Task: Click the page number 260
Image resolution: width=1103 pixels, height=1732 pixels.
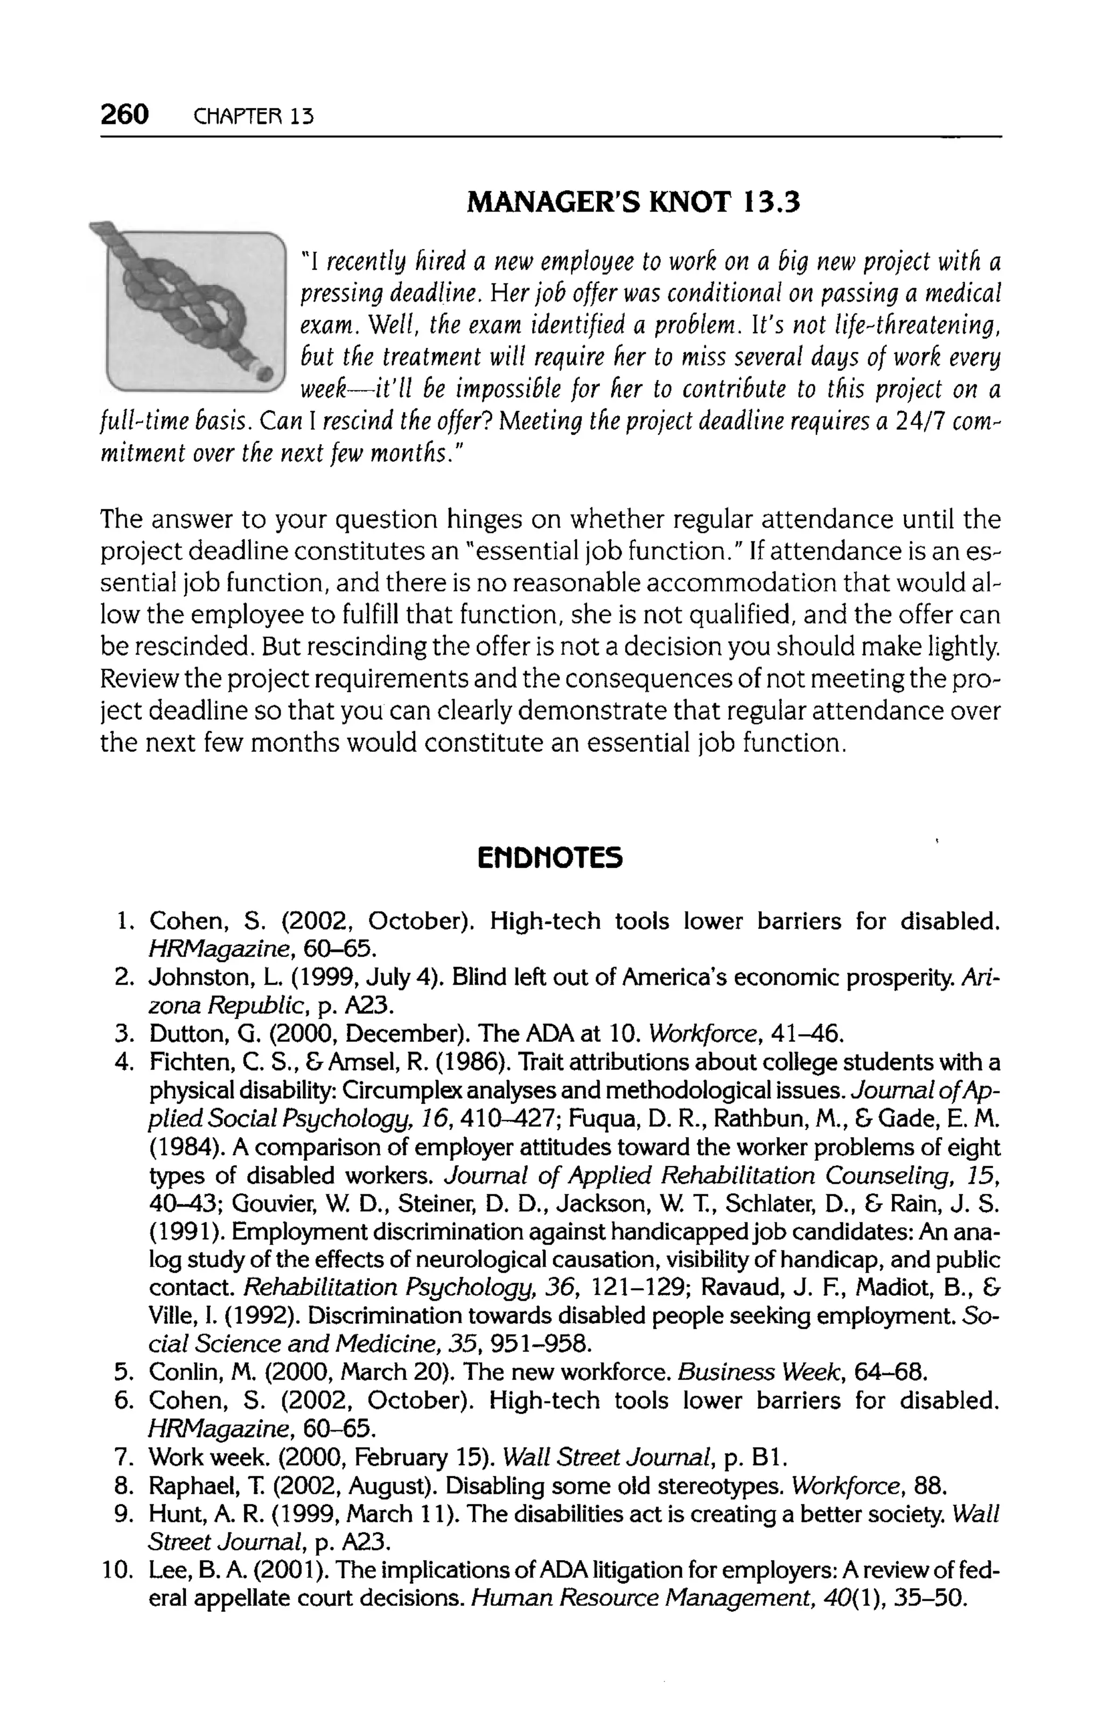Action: coord(124,114)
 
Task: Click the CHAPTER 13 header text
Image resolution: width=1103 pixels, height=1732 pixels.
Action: coord(253,116)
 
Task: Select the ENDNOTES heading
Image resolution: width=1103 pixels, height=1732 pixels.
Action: coord(550,858)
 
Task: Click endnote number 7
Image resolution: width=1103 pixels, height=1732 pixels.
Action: coord(122,1457)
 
